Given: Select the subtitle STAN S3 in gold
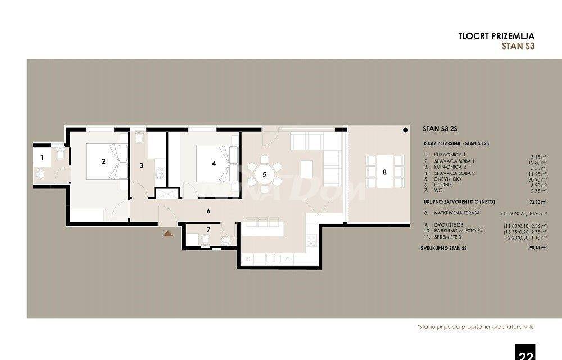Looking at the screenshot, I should [x=517, y=47].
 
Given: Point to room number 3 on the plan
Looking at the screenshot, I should [x=142, y=165].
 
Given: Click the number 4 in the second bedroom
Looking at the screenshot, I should [x=213, y=164].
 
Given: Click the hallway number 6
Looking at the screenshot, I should [x=208, y=211].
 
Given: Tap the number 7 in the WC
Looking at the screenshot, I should [x=208, y=229].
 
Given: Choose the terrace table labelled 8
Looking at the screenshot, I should [x=384, y=172].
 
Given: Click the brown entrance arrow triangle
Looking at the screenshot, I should [x=167, y=232].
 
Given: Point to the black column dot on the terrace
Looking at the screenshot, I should [x=405, y=130].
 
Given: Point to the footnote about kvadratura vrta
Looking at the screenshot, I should [x=475, y=326].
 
